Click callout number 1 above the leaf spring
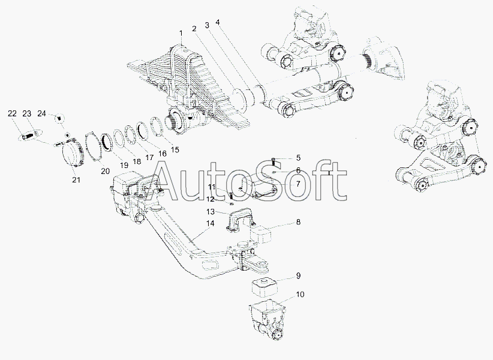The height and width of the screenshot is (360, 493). point(181,33)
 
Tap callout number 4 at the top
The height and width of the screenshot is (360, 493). point(218,23)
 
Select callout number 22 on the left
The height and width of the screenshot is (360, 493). point(12,114)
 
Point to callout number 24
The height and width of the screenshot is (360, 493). point(42,113)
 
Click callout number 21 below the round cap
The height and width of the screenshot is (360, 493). point(76,180)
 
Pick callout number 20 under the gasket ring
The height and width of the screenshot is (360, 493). point(106,171)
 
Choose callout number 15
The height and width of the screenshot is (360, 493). point(175,149)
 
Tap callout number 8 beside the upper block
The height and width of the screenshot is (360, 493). point(298,222)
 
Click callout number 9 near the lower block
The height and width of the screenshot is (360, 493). point(298,276)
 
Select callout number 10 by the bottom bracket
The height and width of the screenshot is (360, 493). point(300,295)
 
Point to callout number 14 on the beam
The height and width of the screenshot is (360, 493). point(211,223)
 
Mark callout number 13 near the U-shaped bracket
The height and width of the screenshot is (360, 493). point(211,211)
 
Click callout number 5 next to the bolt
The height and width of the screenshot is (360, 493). point(298,158)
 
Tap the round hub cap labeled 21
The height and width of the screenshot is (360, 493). point(72,154)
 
